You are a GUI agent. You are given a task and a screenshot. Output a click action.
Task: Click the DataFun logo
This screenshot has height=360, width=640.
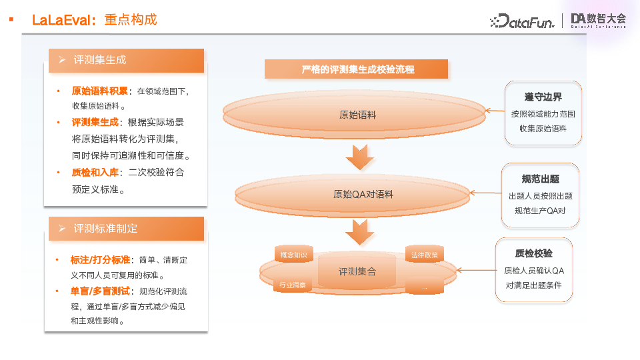point(522,21)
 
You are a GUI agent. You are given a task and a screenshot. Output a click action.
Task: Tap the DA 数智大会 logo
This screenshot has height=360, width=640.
point(599,21)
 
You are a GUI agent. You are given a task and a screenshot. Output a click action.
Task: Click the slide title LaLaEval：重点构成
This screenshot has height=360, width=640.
point(94,20)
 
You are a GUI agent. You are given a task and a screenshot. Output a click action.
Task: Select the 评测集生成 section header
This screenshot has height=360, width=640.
point(100,60)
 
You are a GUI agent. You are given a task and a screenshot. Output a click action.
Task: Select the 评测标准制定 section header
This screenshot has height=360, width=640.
point(105,228)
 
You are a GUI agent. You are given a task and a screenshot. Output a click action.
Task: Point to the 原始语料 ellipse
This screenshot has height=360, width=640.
point(358,115)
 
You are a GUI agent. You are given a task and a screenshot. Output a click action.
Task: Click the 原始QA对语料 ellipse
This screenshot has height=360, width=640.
point(363,195)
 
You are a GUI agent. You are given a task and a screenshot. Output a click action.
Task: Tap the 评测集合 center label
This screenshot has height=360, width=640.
point(357,271)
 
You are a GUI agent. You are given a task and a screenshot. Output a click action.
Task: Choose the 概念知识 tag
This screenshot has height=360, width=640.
point(293,255)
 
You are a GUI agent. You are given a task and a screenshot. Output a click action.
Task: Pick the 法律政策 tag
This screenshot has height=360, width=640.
point(425,255)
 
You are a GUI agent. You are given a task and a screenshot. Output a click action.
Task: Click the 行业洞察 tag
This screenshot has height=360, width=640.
point(293,285)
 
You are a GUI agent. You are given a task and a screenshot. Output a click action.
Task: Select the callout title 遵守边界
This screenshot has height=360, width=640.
point(543,97)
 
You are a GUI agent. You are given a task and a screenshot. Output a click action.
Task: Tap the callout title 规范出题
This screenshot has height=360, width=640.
point(540,179)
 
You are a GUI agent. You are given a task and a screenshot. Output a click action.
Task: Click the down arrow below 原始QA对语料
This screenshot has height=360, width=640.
point(360,233)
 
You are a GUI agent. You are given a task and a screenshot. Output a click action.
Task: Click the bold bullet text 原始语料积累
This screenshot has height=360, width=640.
point(100,90)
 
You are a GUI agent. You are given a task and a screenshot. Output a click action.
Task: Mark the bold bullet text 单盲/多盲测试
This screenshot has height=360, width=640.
point(100,291)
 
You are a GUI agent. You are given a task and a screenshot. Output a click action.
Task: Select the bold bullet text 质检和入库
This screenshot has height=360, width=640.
point(91,172)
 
